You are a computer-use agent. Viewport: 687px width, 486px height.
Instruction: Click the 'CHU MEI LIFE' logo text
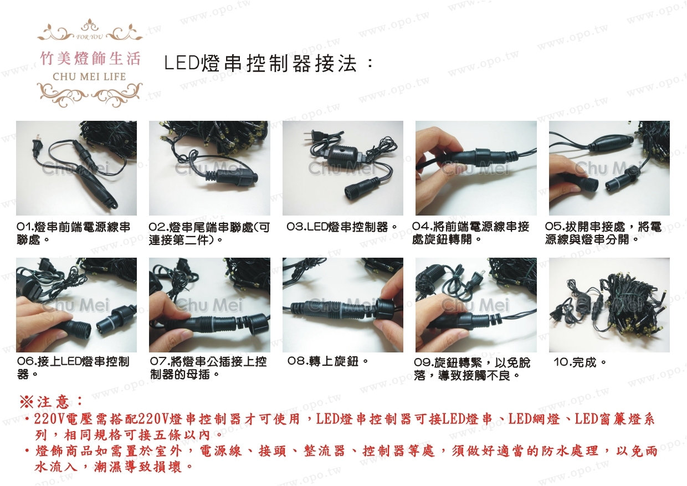(x=89, y=76)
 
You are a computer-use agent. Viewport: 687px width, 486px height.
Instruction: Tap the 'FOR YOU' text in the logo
(x=90, y=37)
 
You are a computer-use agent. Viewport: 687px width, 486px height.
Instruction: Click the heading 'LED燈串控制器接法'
(x=261, y=64)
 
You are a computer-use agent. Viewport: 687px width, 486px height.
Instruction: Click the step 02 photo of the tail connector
(x=209, y=168)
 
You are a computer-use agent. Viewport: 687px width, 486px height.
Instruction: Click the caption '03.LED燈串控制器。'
(x=342, y=227)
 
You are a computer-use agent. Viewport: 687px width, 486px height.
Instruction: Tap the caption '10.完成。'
(x=580, y=362)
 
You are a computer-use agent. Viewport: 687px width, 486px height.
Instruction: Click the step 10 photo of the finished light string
(x=609, y=305)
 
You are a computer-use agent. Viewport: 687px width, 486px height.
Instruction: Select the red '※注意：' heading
(x=51, y=402)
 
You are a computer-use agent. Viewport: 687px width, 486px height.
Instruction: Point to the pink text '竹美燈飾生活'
(x=90, y=58)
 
